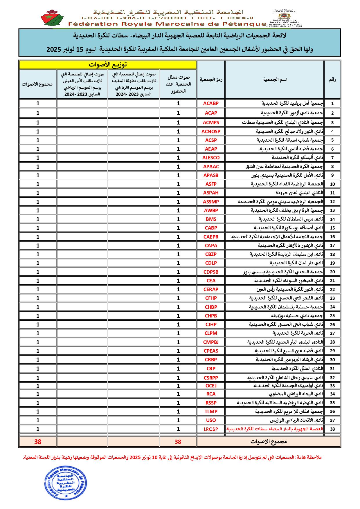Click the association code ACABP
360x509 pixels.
[211, 103]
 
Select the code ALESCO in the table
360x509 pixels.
[211, 158]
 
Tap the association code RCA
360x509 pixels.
[211, 394]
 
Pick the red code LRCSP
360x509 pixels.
[211, 429]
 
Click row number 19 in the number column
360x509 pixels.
[332, 263]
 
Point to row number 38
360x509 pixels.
[332, 429]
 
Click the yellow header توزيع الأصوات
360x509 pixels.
[108, 64]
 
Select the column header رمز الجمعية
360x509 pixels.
[211, 80]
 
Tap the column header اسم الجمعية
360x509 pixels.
[275, 80]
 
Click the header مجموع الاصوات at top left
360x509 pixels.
[37, 84]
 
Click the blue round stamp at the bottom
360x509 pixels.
[61, 483]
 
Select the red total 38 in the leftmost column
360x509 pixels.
[38, 442]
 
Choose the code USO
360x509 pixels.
[211, 420]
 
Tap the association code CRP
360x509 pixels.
[211, 369]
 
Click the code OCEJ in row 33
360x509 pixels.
[211, 386]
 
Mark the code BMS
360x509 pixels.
[211, 219]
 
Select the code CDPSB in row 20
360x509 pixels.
[211, 272]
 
